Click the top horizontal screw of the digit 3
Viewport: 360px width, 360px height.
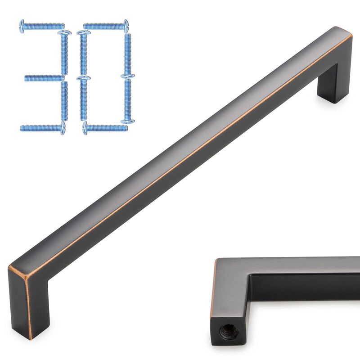pos(42,26)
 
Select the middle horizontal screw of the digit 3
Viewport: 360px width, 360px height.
pos(44,78)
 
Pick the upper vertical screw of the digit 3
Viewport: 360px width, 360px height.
pos(64,52)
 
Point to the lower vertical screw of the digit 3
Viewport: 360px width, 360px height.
pos(64,101)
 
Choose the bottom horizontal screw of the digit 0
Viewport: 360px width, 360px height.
pos(105,128)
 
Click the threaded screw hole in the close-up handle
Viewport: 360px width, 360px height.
pos(224,332)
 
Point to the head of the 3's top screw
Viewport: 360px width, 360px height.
pos(22,26)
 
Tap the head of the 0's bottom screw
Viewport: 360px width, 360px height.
pos(85,128)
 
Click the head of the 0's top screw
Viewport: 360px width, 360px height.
pos(126,26)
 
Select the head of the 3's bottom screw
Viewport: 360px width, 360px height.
pos(63,129)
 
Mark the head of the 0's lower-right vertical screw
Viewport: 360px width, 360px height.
pos(126,120)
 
